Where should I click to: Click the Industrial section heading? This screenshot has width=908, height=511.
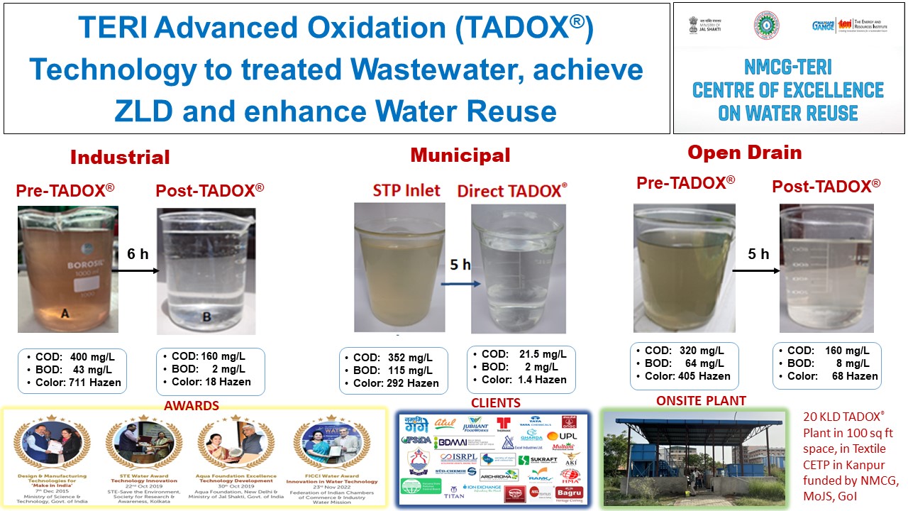[120, 157]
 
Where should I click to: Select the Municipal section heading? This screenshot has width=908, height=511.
[460, 155]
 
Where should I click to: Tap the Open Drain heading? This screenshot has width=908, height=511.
[744, 152]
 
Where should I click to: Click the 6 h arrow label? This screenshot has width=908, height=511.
[138, 253]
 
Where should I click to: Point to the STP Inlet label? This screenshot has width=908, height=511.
[406, 190]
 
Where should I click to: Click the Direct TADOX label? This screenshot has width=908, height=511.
[511, 190]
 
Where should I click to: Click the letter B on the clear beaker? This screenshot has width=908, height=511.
[206, 317]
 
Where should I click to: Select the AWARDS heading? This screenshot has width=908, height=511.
[192, 406]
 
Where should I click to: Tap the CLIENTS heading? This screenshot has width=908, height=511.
[495, 403]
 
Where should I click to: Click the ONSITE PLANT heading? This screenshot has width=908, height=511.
[701, 401]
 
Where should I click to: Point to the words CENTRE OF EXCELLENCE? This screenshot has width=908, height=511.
[787, 91]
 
